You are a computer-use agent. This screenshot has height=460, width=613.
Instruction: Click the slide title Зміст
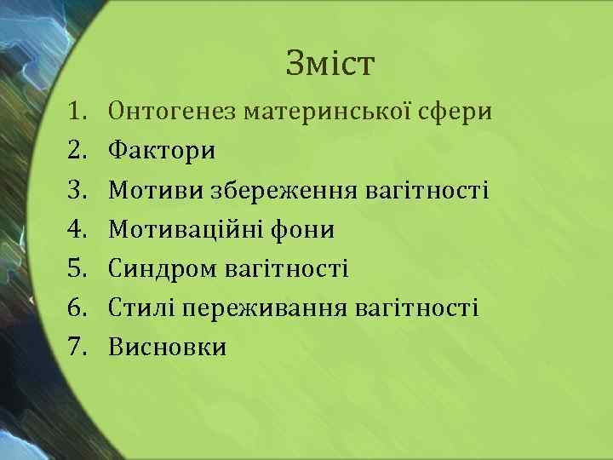click(330, 64)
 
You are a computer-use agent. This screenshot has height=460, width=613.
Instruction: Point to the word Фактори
click(163, 152)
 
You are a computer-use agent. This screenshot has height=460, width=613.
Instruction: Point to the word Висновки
click(168, 348)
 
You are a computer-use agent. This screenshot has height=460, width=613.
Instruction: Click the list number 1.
click(79, 112)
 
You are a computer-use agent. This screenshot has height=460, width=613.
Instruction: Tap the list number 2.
click(79, 151)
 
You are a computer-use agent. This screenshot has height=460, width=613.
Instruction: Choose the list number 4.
click(79, 229)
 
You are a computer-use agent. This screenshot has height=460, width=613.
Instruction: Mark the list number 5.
click(79, 269)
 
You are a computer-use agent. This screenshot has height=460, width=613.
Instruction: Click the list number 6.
click(79, 308)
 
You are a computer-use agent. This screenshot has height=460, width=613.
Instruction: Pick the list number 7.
click(79, 348)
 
